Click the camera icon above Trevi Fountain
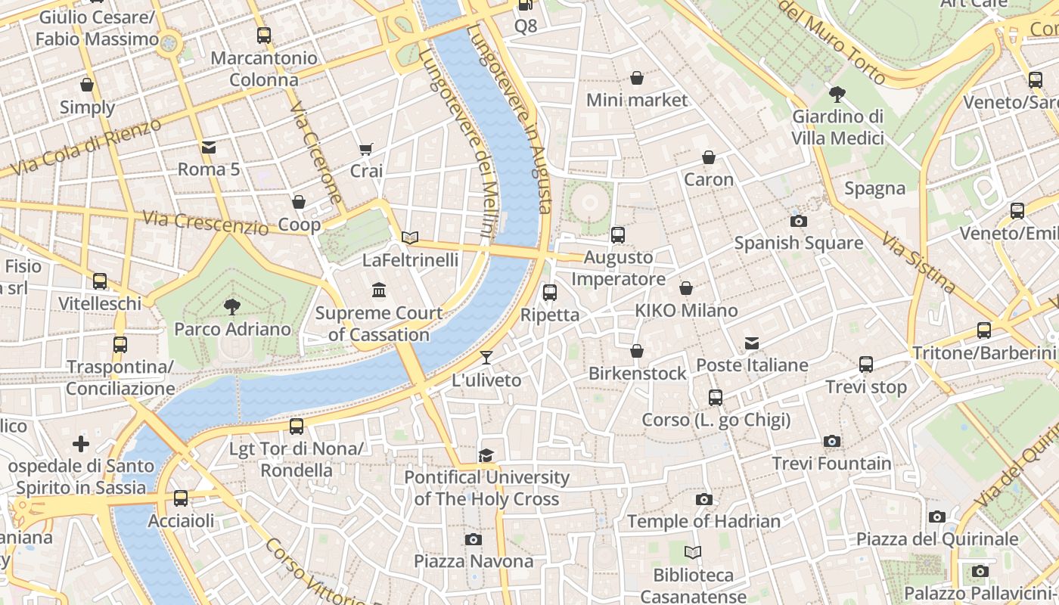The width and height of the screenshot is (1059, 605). coord(831,441)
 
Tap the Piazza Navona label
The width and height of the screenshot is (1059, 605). coord(474,561)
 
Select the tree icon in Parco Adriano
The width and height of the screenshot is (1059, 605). coord(232,306)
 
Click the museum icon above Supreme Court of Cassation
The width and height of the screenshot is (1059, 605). coord(379,290)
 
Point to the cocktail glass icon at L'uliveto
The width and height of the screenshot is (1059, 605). coord(486,357)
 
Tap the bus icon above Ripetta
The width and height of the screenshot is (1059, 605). coord(550,292)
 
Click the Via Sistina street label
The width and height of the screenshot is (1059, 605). coord(918,262)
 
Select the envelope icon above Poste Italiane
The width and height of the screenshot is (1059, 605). coord(752,343)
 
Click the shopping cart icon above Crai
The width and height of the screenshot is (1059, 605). coord(366,149)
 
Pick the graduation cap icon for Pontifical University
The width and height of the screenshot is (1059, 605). coord(486,455)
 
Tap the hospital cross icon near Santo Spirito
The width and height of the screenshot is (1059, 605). coord(81,443)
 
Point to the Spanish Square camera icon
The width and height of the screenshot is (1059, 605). coord(798,221)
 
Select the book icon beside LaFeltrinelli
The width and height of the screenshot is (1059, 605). coord(410,238)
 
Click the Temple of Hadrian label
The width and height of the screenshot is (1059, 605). coord(703,521)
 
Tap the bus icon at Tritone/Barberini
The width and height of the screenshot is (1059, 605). coord(983,330)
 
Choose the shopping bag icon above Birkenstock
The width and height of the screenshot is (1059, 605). coord(637,351)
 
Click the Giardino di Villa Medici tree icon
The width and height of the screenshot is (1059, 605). coord(837,95)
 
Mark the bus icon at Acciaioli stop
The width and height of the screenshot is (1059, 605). coord(180,498)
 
